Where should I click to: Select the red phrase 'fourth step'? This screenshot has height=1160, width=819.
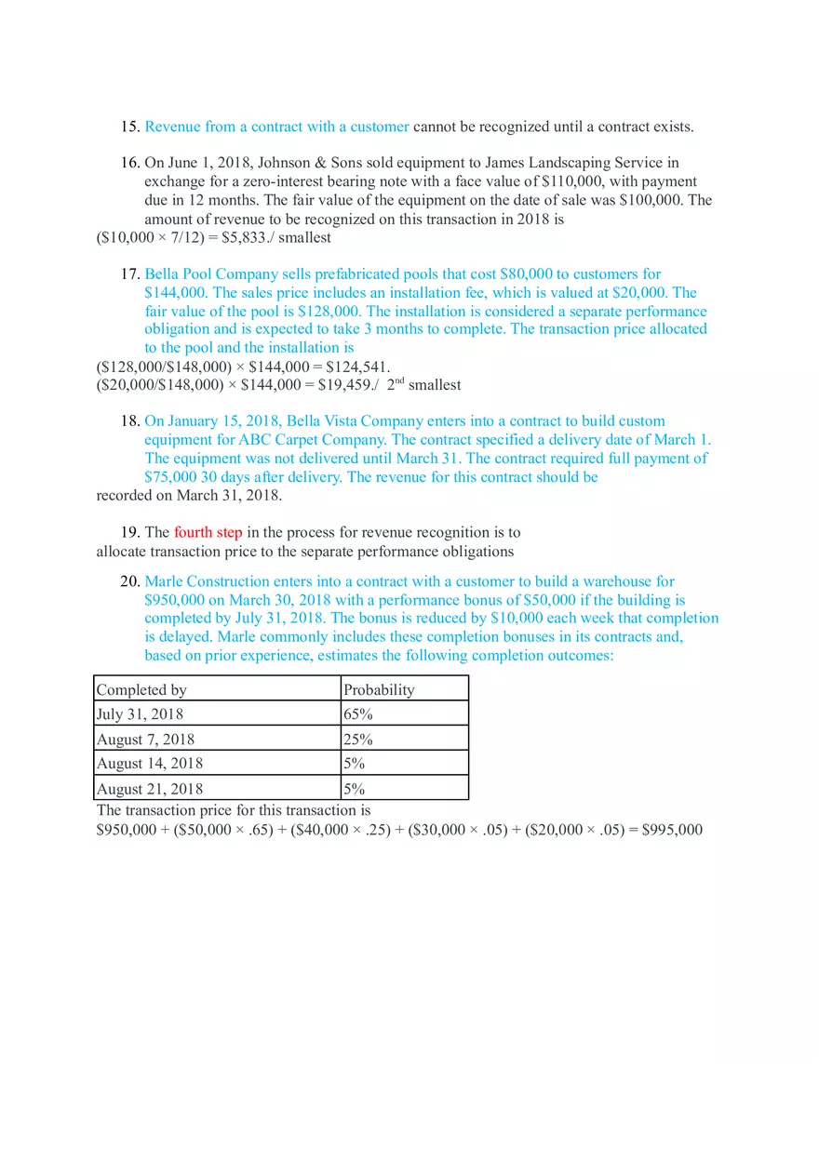tap(208, 533)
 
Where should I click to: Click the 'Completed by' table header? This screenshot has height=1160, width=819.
tap(141, 689)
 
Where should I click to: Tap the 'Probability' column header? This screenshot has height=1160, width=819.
tap(379, 689)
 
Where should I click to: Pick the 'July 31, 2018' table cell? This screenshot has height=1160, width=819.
tap(140, 714)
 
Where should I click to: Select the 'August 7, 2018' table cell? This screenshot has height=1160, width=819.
tap(145, 740)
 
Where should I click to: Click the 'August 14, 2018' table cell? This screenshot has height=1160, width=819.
tap(149, 764)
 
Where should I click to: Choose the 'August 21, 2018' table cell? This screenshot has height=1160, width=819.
tap(149, 789)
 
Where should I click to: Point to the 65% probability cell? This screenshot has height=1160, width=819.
tap(358, 714)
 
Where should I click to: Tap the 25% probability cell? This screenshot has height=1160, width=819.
tap(358, 740)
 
